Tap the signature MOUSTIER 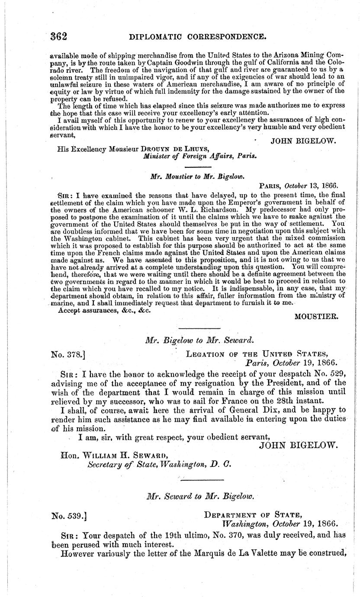point(316,316)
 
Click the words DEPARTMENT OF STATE point(252,515)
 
